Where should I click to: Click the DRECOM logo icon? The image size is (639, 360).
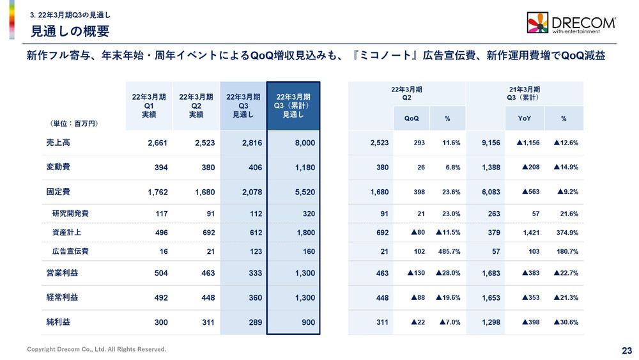(537, 22)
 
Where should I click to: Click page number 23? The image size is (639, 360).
(626, 350)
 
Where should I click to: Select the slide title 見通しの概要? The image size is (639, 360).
(70, 31)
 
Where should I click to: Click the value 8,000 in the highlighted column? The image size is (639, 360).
(304, 143)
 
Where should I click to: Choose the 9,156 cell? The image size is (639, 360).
(490, 143)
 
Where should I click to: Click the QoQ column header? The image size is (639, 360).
(412, 118)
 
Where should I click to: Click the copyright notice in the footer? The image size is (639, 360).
(96, 349)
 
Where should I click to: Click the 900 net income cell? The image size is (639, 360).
(308, 322)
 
